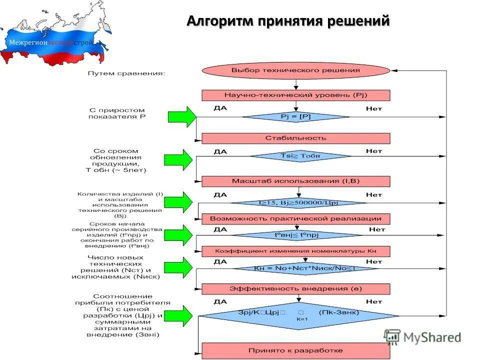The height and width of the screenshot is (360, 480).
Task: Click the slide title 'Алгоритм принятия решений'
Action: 287,21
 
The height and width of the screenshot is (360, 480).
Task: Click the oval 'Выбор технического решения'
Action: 295,70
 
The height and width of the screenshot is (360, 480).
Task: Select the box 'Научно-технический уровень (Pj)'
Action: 295,95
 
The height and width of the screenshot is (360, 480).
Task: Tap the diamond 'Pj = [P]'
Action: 295,117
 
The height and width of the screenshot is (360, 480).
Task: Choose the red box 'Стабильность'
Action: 295,138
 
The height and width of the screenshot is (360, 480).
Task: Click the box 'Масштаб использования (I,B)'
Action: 295,181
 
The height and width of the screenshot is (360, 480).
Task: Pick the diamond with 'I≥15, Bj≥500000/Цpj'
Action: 298,203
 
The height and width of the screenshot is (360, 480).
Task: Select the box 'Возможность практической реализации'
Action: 295,219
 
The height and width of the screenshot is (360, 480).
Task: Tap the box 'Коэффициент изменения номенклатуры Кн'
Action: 295,251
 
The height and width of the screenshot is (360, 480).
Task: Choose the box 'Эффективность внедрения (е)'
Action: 295,288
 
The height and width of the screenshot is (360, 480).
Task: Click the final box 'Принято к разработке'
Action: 295,350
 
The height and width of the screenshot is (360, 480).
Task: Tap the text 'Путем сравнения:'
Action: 126,73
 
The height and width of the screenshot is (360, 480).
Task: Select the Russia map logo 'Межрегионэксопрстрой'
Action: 50,37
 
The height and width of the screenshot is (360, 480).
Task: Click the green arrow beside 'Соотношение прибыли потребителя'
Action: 180,314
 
